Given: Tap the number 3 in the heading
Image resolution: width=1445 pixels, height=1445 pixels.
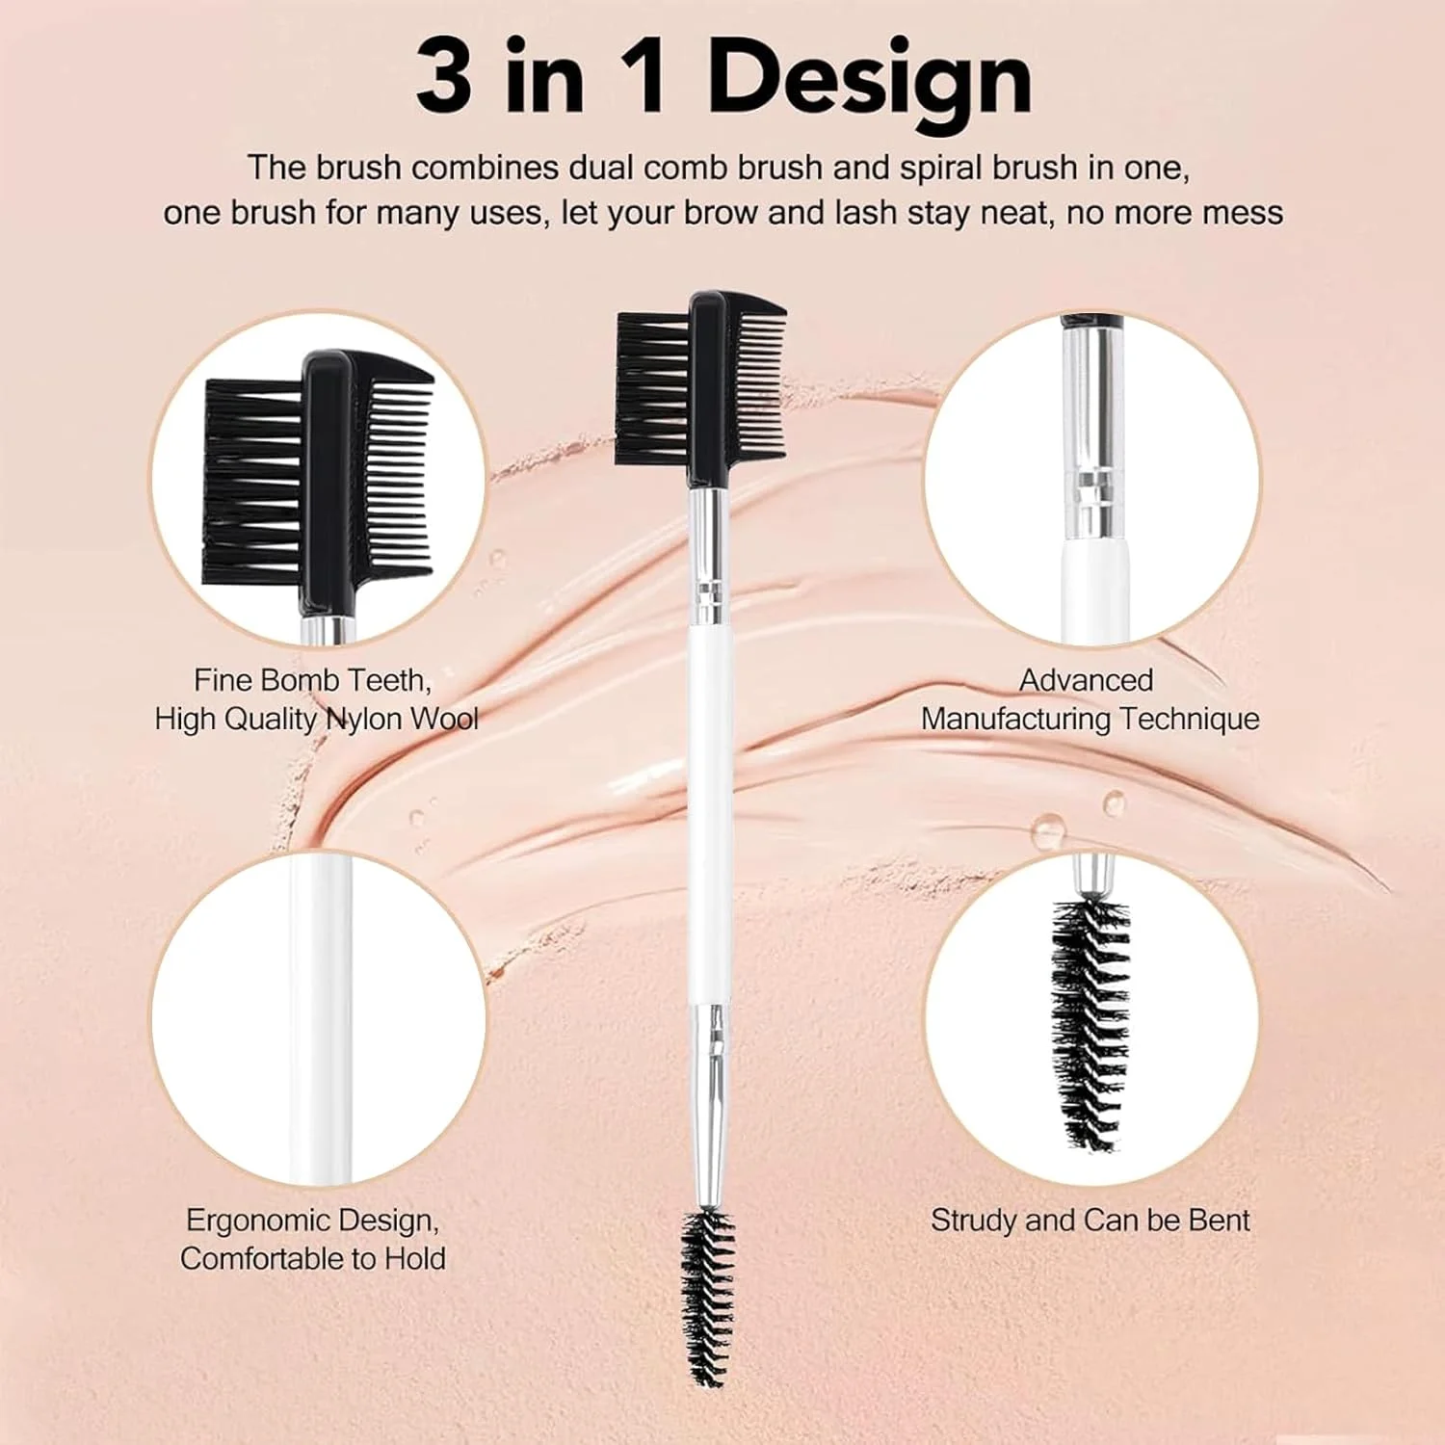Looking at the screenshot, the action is point(444,76).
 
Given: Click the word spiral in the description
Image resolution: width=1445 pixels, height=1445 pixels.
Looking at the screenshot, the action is point(941,169).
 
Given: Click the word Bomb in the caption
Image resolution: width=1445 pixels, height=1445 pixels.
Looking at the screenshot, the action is point(300,680).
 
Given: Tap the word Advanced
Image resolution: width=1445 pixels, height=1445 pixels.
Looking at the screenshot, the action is point(1087,680).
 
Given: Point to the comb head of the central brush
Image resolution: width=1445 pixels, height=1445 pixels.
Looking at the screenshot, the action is point(700,390).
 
